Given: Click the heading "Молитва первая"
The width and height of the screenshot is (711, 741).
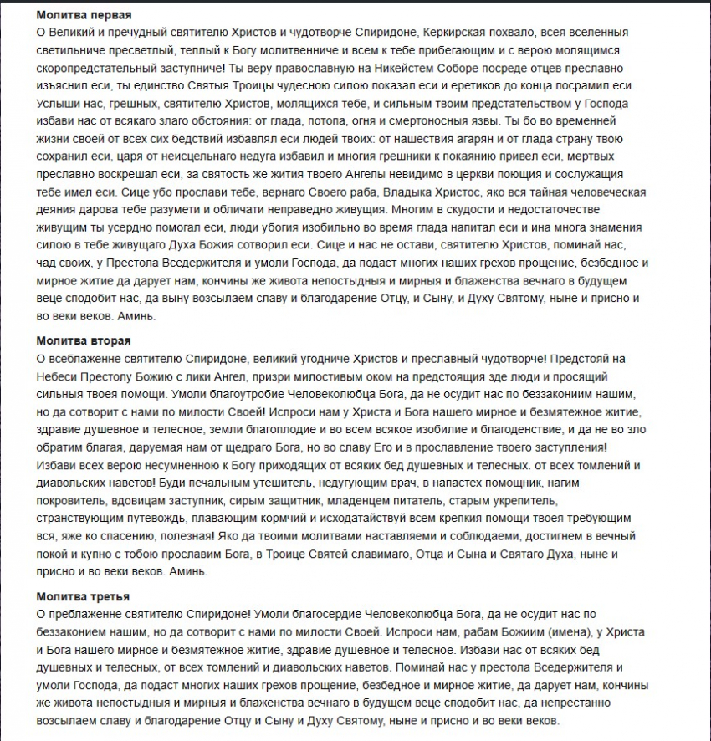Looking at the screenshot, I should coord(84,15).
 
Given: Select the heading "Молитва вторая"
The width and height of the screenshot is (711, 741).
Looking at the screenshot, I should coord(84,340).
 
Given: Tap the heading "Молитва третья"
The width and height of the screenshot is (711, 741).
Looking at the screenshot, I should coord(82,595).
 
